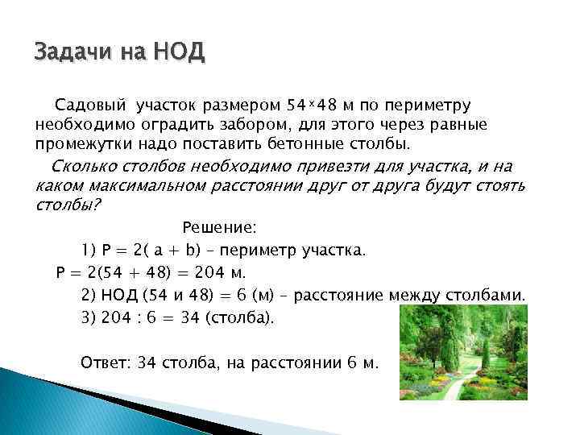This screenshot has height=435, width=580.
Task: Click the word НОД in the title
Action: tap(182, 53)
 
